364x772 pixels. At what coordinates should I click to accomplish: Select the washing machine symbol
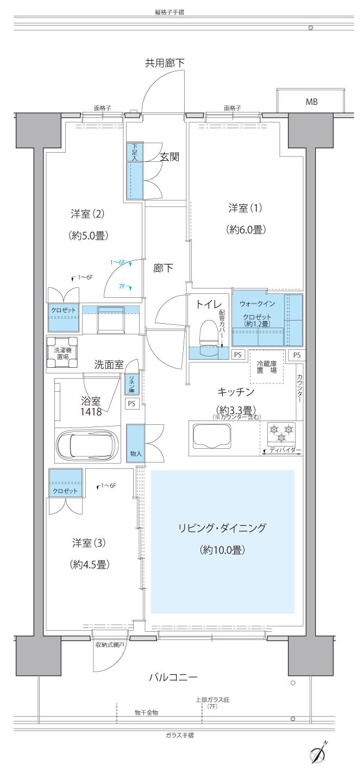tap(61, 349)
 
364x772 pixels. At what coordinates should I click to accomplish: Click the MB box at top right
tap(311, 101)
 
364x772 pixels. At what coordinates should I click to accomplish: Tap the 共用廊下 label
tap(164, 63)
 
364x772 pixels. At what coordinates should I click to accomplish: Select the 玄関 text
tap(169, 156)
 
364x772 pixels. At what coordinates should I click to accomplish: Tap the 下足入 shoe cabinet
tap(134, 171)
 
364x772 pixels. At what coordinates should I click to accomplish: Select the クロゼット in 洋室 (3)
tap(65, 482)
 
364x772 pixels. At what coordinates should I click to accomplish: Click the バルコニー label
tap(173, 677)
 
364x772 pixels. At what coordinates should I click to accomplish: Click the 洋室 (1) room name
tap(246, 208)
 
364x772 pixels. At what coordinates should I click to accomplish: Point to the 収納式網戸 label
tap(110, 645)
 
